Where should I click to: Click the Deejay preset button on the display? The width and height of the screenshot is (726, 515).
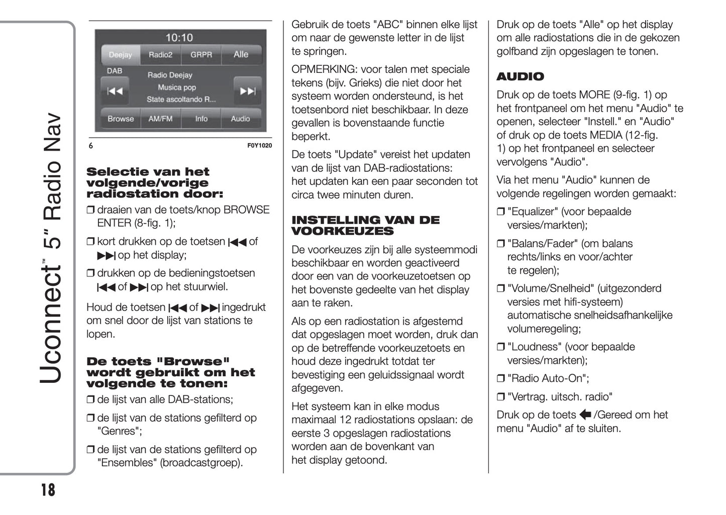121,55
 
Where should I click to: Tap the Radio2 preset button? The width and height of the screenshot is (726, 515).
160,55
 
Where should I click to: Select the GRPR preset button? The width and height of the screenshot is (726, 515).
201,55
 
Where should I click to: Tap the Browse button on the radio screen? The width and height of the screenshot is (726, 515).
121,119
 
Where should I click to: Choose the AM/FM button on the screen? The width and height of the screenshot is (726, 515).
160,119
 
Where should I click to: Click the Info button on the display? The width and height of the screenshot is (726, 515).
201,119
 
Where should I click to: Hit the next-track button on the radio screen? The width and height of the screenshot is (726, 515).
247,91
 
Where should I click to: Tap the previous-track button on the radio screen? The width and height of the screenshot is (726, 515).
115,91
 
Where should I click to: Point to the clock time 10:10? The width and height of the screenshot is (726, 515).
179,38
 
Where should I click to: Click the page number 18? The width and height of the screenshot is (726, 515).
48,489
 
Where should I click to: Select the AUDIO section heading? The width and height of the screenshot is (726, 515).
520,77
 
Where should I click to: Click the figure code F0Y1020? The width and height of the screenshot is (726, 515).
259,146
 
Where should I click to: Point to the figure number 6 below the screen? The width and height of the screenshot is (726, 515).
91,146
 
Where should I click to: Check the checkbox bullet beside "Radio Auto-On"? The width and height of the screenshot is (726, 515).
500,379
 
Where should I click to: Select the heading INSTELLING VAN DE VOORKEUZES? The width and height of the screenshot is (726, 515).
365,226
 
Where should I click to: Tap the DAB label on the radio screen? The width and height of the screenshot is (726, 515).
115,71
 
